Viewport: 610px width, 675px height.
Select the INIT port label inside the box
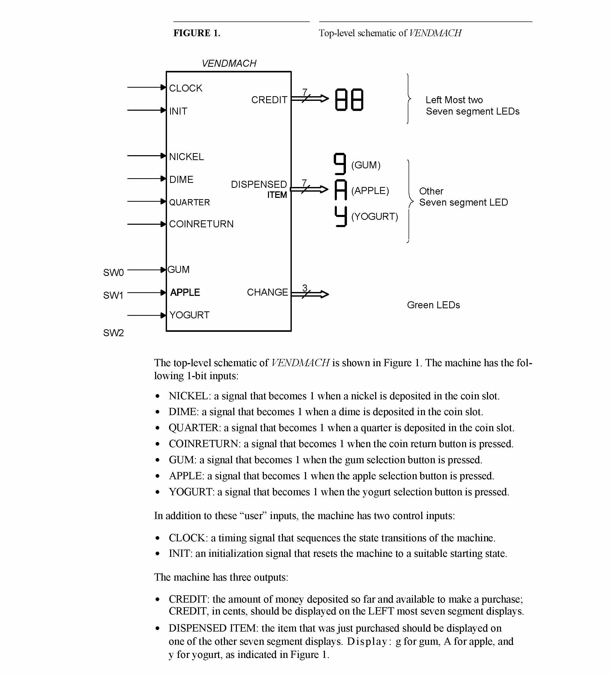178,111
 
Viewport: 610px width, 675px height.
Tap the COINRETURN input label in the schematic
201,224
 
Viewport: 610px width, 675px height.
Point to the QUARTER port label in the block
189,202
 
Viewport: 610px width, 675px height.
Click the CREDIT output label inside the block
269,100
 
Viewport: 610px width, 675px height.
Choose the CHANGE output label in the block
267,292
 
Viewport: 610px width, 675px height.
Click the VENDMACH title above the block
229,63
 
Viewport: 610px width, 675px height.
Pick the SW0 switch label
113,273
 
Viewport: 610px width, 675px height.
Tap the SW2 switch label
113,333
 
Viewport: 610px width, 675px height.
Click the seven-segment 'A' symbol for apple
340,190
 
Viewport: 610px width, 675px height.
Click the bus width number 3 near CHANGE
305,288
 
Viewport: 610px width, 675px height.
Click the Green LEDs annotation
433,305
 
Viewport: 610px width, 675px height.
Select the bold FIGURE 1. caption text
197,33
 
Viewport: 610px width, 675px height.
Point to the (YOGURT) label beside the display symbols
374,217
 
